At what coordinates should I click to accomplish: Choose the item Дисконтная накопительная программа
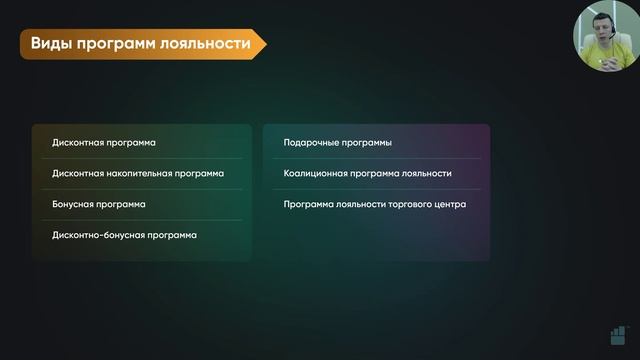[138, 173]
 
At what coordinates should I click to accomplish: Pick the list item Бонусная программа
[98, 204]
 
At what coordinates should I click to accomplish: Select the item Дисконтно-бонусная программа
[124, 234]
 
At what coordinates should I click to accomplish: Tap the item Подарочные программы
[337, 143]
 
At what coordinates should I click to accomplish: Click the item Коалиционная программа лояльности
[367, 173]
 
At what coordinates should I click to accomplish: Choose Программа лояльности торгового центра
[374, 204]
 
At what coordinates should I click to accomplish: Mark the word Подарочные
[313, 143]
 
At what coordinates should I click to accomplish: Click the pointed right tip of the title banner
[265, 44]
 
